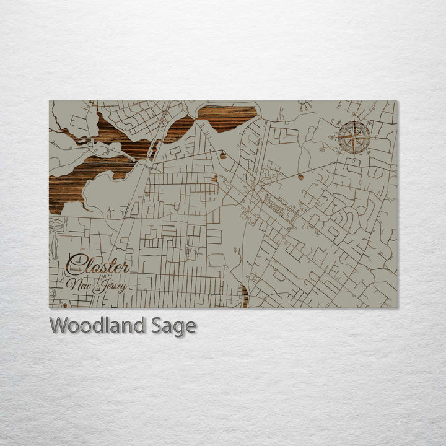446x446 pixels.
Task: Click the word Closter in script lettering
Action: pos(98,265)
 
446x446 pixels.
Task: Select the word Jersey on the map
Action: pos(111,286)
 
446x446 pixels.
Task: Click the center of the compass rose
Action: pos(354,137)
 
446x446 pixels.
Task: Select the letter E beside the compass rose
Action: pos(375,138)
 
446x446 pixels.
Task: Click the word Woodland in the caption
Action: pos(98,325)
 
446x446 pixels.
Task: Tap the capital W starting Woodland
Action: pos(59,325)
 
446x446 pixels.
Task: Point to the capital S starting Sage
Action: pos(157,325)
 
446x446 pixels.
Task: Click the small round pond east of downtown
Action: pos(300,177)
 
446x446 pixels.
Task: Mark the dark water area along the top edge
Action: pos(226,115)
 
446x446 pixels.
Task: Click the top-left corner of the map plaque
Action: pos(50,101)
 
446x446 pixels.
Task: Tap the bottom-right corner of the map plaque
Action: pos(397,308)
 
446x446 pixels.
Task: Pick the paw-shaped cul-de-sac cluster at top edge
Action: pos(305,105)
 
